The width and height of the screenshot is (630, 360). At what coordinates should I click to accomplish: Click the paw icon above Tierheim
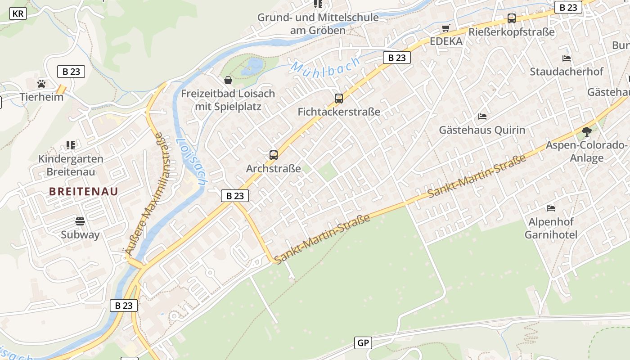(41, 84)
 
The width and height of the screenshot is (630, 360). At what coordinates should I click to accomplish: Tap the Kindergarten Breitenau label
(71, 165)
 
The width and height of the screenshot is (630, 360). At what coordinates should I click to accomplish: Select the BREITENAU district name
(84, 191)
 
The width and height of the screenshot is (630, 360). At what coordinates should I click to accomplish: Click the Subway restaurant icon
(80, 221)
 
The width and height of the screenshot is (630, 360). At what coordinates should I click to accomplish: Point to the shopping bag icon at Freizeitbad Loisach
(228, 80)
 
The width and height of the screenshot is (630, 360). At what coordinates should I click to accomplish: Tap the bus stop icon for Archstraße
(273, 155)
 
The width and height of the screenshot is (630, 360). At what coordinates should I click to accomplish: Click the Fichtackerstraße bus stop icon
(339, 98)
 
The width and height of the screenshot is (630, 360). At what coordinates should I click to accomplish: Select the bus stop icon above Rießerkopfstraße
(512, 18)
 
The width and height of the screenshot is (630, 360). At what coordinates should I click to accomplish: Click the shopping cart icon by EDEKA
(446, 28)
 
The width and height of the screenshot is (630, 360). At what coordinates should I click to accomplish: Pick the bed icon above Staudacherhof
(567, 58)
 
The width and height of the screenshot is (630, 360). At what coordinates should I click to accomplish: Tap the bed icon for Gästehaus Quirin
(482, 117)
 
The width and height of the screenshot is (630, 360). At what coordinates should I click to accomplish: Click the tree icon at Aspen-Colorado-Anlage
(586, 132)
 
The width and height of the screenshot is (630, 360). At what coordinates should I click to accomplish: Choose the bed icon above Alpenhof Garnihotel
(551, 208)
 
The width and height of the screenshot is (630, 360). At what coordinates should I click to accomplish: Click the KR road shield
(18, 13)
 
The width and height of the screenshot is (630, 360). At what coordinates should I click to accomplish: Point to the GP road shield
(363, 343)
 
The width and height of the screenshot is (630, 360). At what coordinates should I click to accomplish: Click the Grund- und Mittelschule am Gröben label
(318, 24)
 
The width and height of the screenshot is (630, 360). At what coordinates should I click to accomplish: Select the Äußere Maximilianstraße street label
(149, 193)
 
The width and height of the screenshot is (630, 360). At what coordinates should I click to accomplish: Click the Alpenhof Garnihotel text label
(551, 228)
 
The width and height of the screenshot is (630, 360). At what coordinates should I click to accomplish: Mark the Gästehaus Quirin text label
(482, 130)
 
